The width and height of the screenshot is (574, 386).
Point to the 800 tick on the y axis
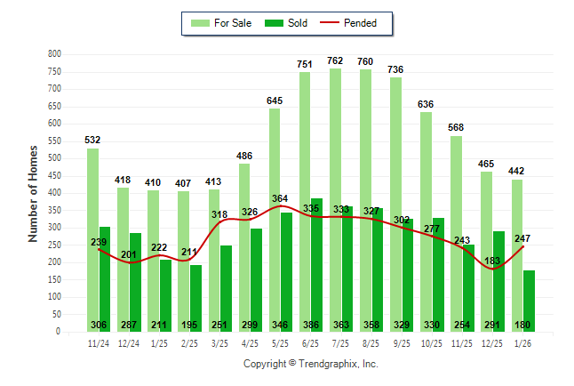(54, 54)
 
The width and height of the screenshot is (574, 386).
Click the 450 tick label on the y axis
(54, 175)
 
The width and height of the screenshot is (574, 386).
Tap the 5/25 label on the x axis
(281, 342)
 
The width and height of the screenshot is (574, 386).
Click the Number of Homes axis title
(33, 192)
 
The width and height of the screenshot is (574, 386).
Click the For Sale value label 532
(92, 140)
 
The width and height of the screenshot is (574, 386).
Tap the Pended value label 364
(281, 198)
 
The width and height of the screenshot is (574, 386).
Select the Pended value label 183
(492, 261)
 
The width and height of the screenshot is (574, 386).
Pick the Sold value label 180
(523, 326)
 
